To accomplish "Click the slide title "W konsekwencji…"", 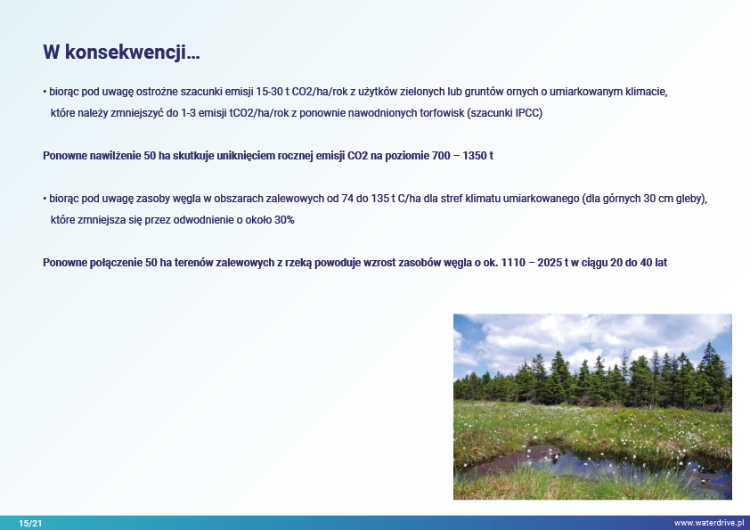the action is pyautogui.click(x=121, y=53).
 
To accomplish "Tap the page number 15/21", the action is pyautogui.click(x=30, y=523).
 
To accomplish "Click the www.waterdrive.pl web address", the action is pyautogui.click(x=709, y=523).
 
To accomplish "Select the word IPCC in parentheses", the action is pyautogui.click(x=527, y=113).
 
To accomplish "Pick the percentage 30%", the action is pyautogui.click(x=284, y=220).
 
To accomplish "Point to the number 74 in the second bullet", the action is pyautogui.click(x=347, y=199).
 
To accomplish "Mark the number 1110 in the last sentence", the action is pyautogui.click(x=513, y=263).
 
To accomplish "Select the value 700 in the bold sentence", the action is pyautogui.click(x=441, y=156).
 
